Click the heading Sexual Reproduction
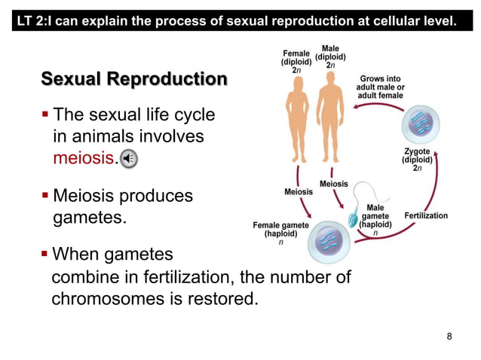[x=133, y=79]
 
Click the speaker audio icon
[x=129, y=158]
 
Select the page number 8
[x=450, y=336]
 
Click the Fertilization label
[x=425, y=215]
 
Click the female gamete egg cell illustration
[x=326, y=240]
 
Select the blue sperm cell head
[x=353, y=220]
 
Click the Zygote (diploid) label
[x=417, y=160]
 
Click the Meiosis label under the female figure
[x=299, y=192]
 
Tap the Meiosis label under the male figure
[x=334, y=184]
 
